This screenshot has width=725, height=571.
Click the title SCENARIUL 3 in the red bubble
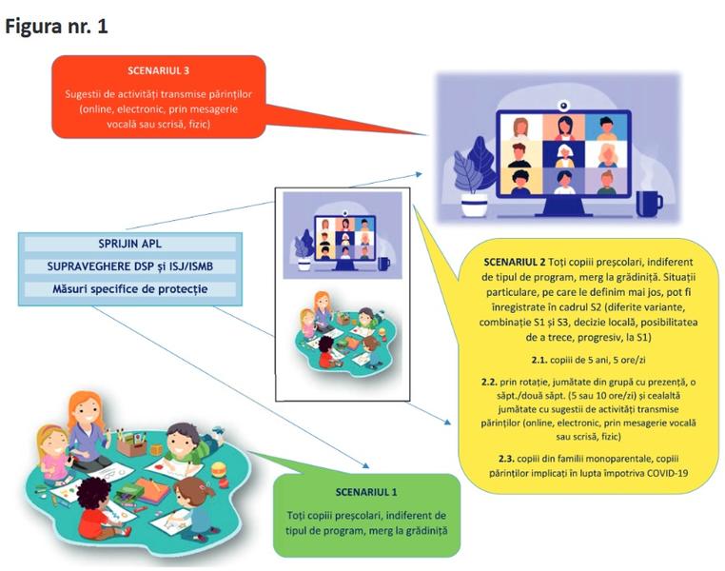point(157,70)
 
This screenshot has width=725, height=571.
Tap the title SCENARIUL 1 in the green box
point(366,492)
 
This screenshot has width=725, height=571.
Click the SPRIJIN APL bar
point(129,244)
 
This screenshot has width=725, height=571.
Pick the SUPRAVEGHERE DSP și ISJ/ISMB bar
point(129,266)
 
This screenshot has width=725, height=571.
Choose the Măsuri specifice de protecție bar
point(129,288)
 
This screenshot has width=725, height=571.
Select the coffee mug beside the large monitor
point(648,202)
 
